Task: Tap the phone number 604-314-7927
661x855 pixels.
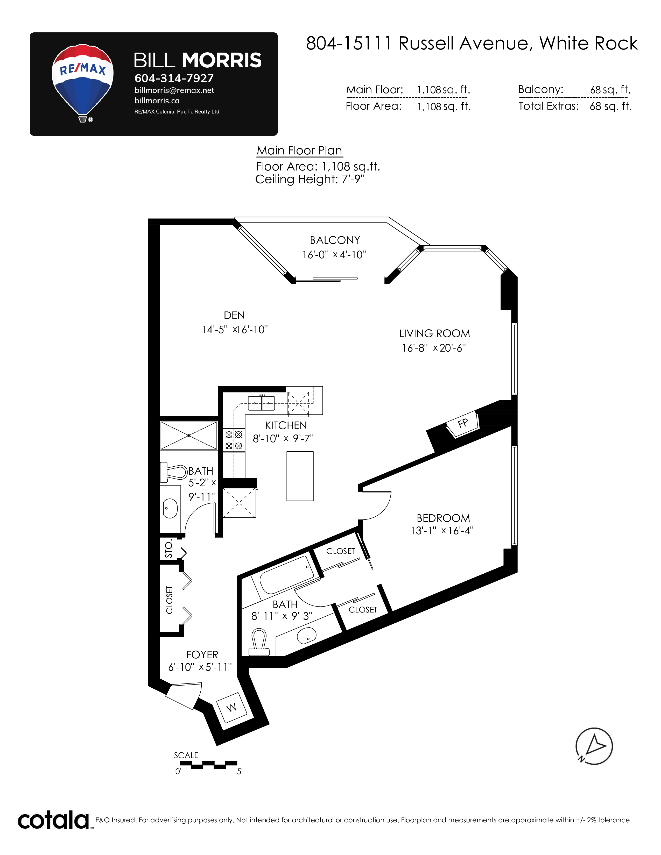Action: click(174, 78)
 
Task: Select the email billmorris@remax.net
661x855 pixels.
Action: click(174, 90)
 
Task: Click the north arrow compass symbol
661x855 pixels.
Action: click(594, 746)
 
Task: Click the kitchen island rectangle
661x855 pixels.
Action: click(300, 476)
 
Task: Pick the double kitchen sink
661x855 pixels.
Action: click(262, 403)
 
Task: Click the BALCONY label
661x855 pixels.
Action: click(335, 240)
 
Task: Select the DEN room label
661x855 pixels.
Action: click(234, 315)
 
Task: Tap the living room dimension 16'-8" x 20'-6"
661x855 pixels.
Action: click(434, 348)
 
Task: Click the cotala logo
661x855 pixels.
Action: click(54, 821)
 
